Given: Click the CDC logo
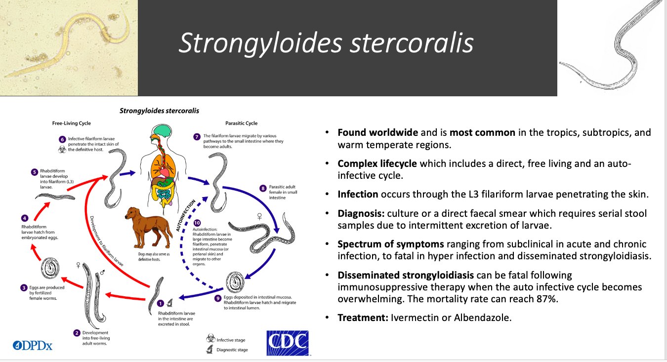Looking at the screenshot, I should pyautogui.click(x=288, y=343).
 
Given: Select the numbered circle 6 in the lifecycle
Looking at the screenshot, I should pyautogui.click(x=62, y=139).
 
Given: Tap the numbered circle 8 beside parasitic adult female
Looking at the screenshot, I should pyautogui.click(x=263, y=188).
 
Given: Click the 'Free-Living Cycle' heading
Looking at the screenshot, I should pyautogui.click(x=72, y=123).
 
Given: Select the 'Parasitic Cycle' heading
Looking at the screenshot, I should pyautogui.click(x=241, y=123).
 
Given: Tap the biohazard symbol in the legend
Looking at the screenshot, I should pyautogui.click(x=210, y=339).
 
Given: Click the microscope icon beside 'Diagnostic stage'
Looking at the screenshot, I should pyautogui.click(x=210, y=350).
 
